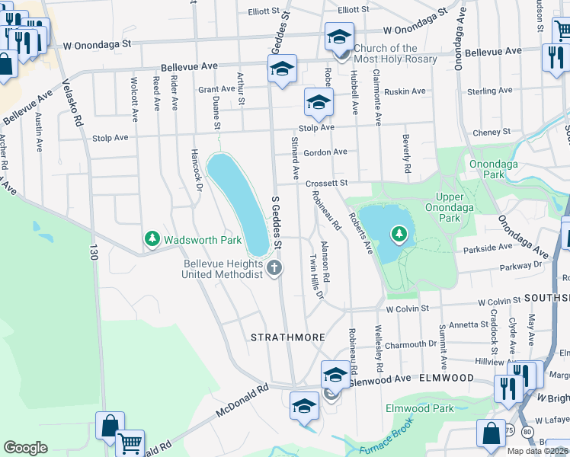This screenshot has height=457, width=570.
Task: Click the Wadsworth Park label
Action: point(203,240)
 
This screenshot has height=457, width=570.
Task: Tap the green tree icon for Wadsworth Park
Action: point(152,239)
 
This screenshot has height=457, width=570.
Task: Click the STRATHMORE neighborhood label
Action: point(288,337)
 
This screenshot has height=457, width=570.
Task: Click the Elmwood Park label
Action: point(421,408)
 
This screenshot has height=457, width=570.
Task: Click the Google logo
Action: point(25,447)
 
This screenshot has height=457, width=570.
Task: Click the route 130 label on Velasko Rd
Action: point(94,251)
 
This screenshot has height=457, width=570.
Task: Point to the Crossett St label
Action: point(327,184)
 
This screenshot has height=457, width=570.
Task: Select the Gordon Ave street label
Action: point(325,152)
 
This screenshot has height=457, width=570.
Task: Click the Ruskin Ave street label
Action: point(405,91)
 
